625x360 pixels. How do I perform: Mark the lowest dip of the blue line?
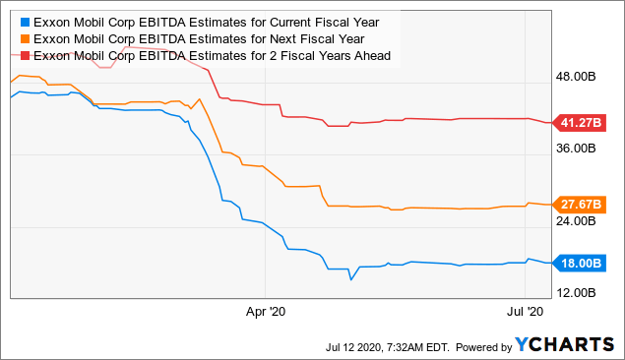point(350,279)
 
